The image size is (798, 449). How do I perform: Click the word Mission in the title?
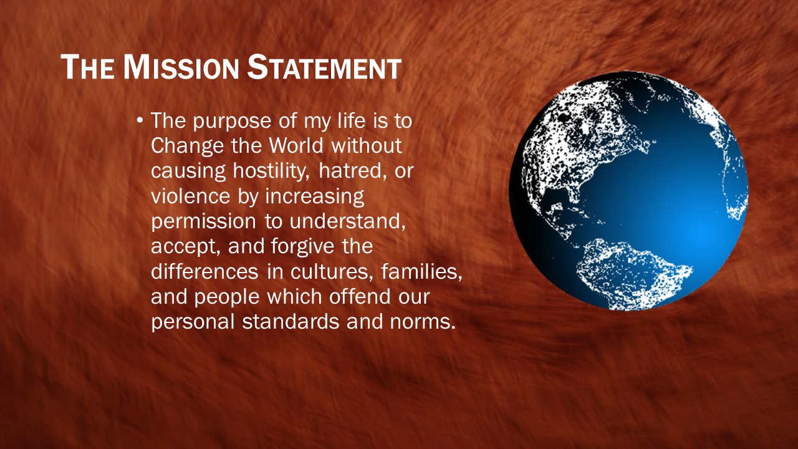coord(181,67)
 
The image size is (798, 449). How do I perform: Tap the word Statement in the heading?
coord(325,67)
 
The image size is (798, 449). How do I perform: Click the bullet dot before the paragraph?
coord(140,120)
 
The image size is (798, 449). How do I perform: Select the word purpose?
coord(232,122)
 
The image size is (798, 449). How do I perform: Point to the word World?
coord(296,145)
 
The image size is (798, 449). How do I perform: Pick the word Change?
coord(187,147)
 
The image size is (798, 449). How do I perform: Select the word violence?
coord(191,196)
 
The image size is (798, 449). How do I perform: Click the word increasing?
coord(315,197)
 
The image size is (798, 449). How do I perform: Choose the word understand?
coord(348,221)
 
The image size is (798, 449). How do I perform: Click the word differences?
coord(205,271)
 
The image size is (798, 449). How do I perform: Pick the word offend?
coord(360,297)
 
